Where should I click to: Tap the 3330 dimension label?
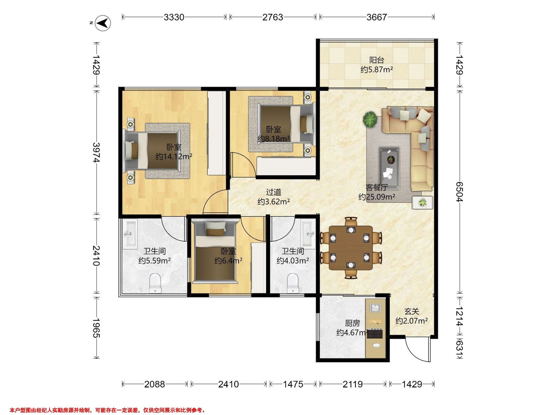(x=174, y=17)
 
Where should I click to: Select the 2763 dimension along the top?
(x=273, y=17)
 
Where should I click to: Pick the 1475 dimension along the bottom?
(x=293, y=384)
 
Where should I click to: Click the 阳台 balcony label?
(x=377, y=60)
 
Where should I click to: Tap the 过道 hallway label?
(x=274, y=192)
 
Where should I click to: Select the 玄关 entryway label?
(x=412, y=311)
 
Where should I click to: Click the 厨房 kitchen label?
(x=352, y=323)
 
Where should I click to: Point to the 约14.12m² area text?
(x=174, y=157)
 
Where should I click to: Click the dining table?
(x=351, y=248)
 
